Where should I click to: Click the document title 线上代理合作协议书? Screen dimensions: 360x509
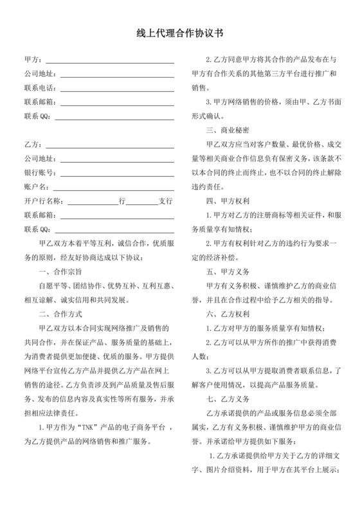[179, 31]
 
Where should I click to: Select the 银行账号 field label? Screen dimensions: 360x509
[39, 172]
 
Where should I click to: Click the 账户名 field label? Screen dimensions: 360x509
[35, 186]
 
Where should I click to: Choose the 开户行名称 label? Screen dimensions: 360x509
[43, 201]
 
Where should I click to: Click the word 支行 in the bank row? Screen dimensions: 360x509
[166, 201]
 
